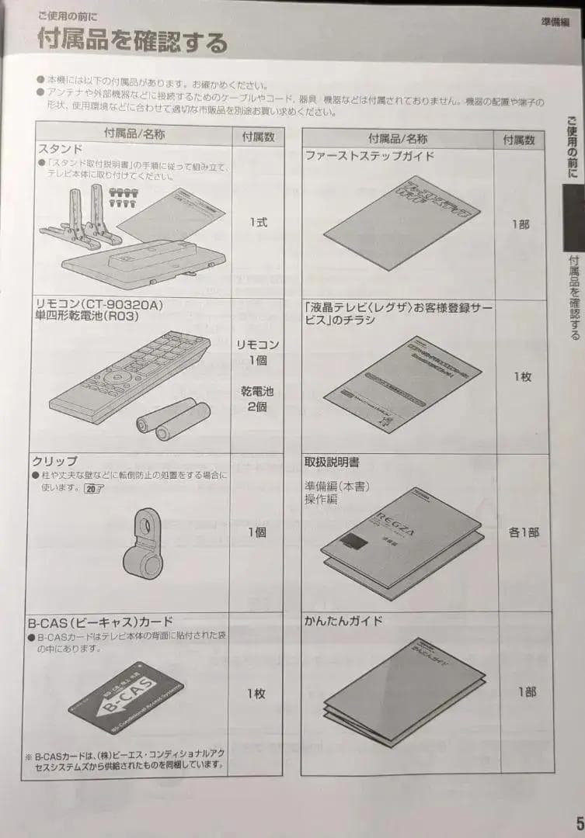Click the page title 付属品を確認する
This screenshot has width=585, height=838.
(133, 40)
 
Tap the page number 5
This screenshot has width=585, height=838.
(578, 822)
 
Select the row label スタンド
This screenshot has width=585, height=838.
(60, 148)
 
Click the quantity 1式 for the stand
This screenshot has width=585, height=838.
(258, 222)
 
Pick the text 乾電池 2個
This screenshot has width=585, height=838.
(257, 399)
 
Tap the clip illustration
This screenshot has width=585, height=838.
(143, 542)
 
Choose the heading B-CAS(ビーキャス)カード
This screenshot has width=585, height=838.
(104, 622)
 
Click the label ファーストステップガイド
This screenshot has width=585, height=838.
(370, 155)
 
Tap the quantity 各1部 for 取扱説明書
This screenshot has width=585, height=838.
(523, 533)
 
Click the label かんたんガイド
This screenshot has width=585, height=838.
(343, 622)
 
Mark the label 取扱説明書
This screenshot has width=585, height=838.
(332, 462)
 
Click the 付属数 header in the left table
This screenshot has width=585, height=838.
(257, 136)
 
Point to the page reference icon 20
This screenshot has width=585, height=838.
(94, 488)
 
